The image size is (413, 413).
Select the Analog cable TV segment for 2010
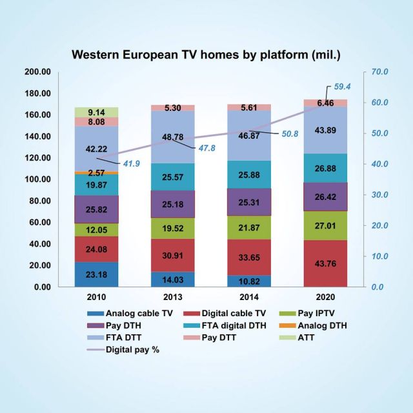click(96, 274)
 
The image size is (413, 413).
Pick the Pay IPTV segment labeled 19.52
click(173, 228)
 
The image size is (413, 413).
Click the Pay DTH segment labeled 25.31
click(249, 202)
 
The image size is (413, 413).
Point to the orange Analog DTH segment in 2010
click(96, 172)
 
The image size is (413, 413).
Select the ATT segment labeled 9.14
click(96, 112)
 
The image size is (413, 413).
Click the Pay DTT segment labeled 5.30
click(173, 108)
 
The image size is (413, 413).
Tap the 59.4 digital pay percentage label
click(343, 86)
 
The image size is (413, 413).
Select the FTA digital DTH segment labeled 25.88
click(249, 175)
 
